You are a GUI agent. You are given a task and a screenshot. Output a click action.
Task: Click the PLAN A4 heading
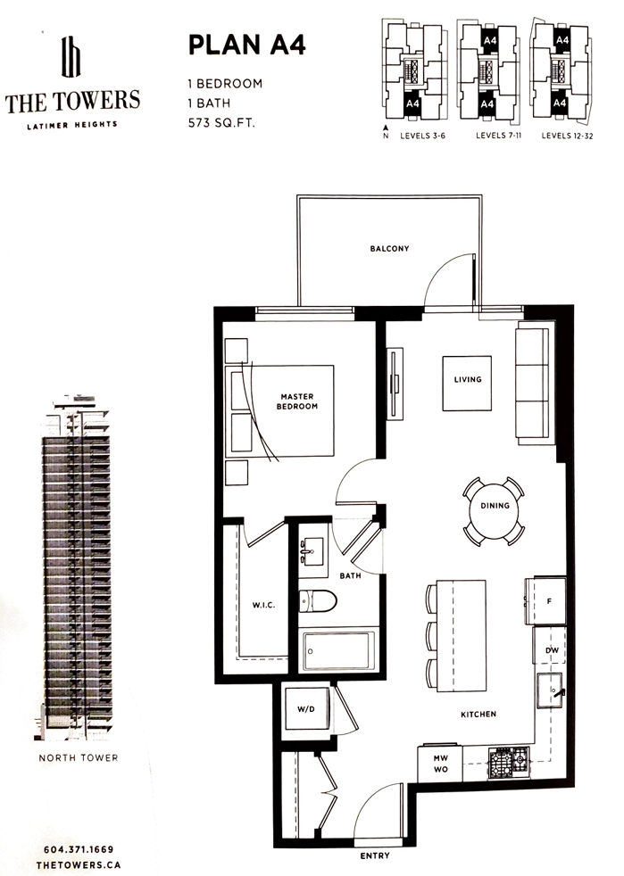tap(246, 45)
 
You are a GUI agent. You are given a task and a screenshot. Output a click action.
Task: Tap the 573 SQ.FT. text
tap(221, 123)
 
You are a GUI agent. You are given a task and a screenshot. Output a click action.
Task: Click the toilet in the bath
tap(317, 601)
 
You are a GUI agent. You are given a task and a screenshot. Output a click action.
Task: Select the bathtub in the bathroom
tap(338, 650)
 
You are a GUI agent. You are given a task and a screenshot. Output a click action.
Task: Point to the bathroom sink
tap(312, 551)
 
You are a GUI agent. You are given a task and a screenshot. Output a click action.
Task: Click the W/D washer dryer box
tap(305, 709)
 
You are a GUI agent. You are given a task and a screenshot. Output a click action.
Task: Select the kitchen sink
tap(550, 691)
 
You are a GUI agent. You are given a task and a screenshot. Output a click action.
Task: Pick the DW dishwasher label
tap(552, 650)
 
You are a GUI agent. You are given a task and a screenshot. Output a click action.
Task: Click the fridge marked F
tap(545, 600)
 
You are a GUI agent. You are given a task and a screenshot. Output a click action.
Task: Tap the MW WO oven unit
tap(441, 764)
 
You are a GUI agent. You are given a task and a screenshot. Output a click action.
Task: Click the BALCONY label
tap(390, 249)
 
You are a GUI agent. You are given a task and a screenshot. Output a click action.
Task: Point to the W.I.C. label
tap(263, 605)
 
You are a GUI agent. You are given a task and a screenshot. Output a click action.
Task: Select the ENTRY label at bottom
tap(375, 855)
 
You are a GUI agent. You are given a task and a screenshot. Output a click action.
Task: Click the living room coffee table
tap(468, 384)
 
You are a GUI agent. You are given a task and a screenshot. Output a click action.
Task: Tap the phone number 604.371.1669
tap(79, 849)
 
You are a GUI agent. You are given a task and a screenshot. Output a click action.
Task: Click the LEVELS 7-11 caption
tap(499, 136)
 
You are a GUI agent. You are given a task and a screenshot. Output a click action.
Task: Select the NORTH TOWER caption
tap(79, 758)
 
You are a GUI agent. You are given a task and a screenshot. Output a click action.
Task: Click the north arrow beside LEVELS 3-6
tap(386, 128)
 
